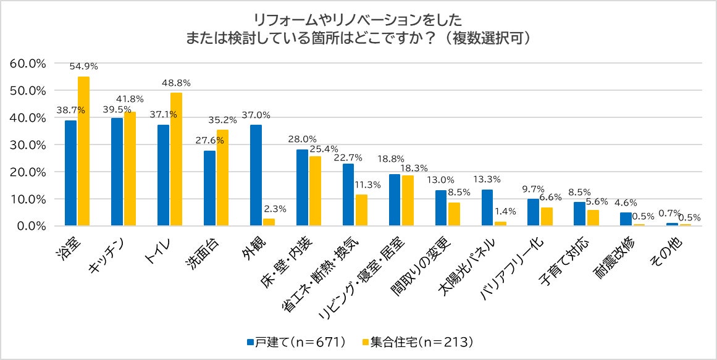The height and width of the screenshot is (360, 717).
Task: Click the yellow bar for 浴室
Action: [x=83, y=151]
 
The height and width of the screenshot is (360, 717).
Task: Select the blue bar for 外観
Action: [x=256, y=175]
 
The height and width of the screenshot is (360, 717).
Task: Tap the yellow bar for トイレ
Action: [x=176, y=159]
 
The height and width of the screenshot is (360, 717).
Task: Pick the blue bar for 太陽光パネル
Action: [x=487, y=207]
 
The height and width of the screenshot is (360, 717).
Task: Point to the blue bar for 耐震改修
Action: [x=626, y=219]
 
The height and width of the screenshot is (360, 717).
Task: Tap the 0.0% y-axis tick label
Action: [x=31, y=226]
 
